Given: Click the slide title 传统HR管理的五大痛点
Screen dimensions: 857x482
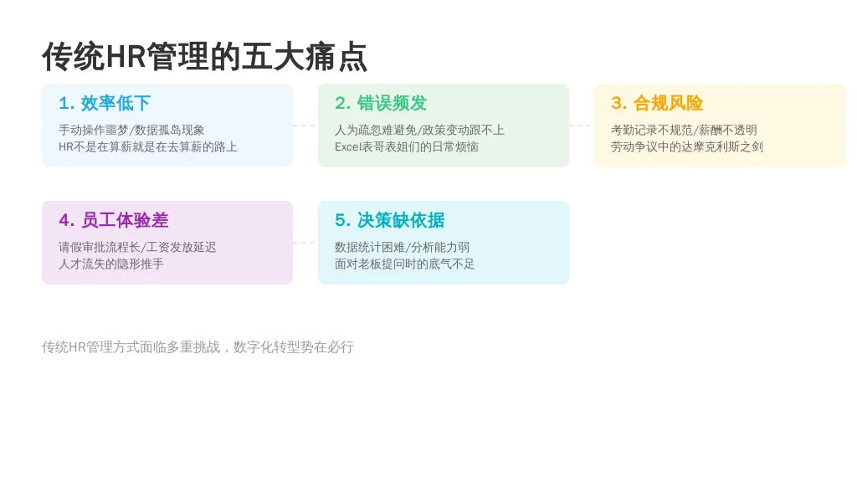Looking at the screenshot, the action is (x=204, y=57).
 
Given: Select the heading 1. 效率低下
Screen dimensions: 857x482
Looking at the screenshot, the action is (x=105, y=103).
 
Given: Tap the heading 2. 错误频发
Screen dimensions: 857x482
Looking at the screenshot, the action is (x=381, y=103).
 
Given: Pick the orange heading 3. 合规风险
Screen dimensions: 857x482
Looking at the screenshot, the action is (x=657, y=103).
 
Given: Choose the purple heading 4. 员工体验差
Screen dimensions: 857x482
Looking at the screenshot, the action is (x=114, y=220).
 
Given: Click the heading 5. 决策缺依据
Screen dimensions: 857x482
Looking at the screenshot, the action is (x=390, y=220).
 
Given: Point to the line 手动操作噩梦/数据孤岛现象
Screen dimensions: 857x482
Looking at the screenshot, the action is (x=131, y=130).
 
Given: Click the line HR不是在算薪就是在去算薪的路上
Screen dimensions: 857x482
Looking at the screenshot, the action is (x=148, y=147).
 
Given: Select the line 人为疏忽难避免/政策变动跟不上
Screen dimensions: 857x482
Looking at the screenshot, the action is (x=419, y=130).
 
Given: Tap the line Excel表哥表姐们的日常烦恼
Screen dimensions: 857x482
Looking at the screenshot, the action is (x=407, y=147).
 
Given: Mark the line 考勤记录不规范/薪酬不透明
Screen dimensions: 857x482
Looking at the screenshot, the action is (x=684, y=130).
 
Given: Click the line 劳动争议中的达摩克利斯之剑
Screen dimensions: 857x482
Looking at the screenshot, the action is (x=687, y=147).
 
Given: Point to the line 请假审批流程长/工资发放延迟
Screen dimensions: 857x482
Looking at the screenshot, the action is (x=137, y=248).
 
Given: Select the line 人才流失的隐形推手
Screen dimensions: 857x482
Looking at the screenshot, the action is (x=111, y=264).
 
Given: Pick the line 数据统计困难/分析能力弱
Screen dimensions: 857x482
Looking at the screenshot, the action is (x=402, y=248).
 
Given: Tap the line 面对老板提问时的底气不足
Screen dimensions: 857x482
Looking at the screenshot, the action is (x=404, y=264).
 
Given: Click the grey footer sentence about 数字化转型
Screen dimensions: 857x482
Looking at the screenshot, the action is (x=198, y=347).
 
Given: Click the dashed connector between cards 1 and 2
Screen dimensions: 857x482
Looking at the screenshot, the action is (x=305, y=126).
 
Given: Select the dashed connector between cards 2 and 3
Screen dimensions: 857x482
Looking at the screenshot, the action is (x=582, y=126).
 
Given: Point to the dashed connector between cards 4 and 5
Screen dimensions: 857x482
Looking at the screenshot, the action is (x=305, y=243).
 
